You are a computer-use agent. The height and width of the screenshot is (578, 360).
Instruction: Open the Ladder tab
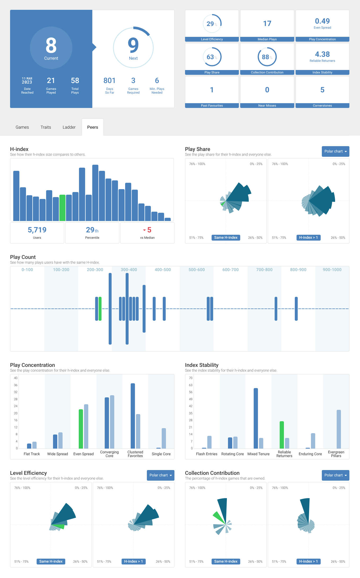(x=69, y=127)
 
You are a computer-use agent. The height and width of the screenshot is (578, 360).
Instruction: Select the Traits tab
(x=46, y=127)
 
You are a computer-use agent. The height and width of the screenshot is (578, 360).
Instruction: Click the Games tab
(x=22, y=127)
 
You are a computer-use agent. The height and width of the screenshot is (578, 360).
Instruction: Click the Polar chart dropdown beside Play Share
(x=335, y=151)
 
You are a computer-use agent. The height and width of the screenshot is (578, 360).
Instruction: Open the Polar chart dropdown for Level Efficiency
(x=160, y=475)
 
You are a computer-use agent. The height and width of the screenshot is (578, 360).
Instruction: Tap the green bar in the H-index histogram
(x=62, y=208)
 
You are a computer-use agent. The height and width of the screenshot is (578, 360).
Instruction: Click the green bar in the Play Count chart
(x=100, y=309)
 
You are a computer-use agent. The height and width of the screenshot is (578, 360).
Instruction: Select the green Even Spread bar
(x=81, y=429)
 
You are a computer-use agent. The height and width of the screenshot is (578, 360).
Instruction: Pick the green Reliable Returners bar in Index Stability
(x=282, y=435)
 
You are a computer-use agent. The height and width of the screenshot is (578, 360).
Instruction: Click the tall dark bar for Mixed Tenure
(x=256, y=418)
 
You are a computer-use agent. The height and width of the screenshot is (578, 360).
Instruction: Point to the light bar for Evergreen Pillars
(x=339, y=429)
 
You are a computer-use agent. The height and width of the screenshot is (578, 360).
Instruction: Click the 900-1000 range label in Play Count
(x=332, y=270)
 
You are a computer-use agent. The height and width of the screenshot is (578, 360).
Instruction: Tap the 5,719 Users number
(x=37, y=230)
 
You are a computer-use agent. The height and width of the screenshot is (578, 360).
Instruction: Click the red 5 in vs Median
(x=149, y=230)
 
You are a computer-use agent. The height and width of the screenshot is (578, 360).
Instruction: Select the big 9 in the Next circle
(x=133, y=45)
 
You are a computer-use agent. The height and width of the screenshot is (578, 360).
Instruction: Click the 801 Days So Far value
(x=109, y=81)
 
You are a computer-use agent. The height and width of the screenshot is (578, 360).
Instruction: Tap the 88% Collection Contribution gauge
(x=267, y=57)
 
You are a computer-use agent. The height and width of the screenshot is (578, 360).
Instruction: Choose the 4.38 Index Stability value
(x=322, y=54)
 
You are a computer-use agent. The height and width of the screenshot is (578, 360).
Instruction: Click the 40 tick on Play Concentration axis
(x=16, y=378)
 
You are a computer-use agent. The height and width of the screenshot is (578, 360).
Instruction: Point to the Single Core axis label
(x=161, y=454)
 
